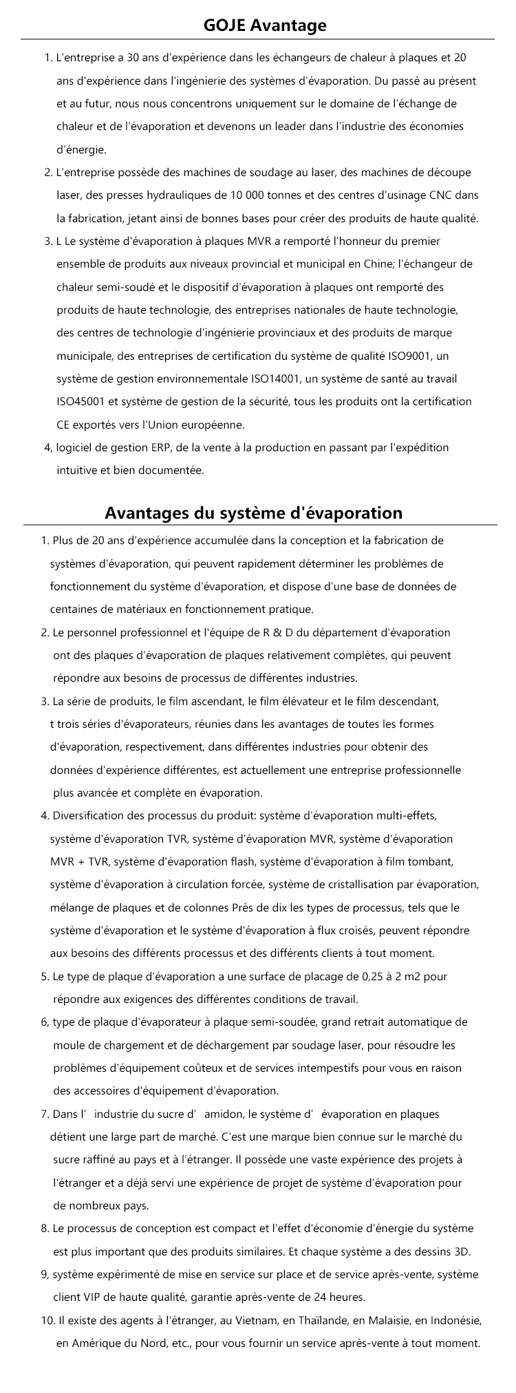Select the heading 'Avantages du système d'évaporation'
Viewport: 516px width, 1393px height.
254,513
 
